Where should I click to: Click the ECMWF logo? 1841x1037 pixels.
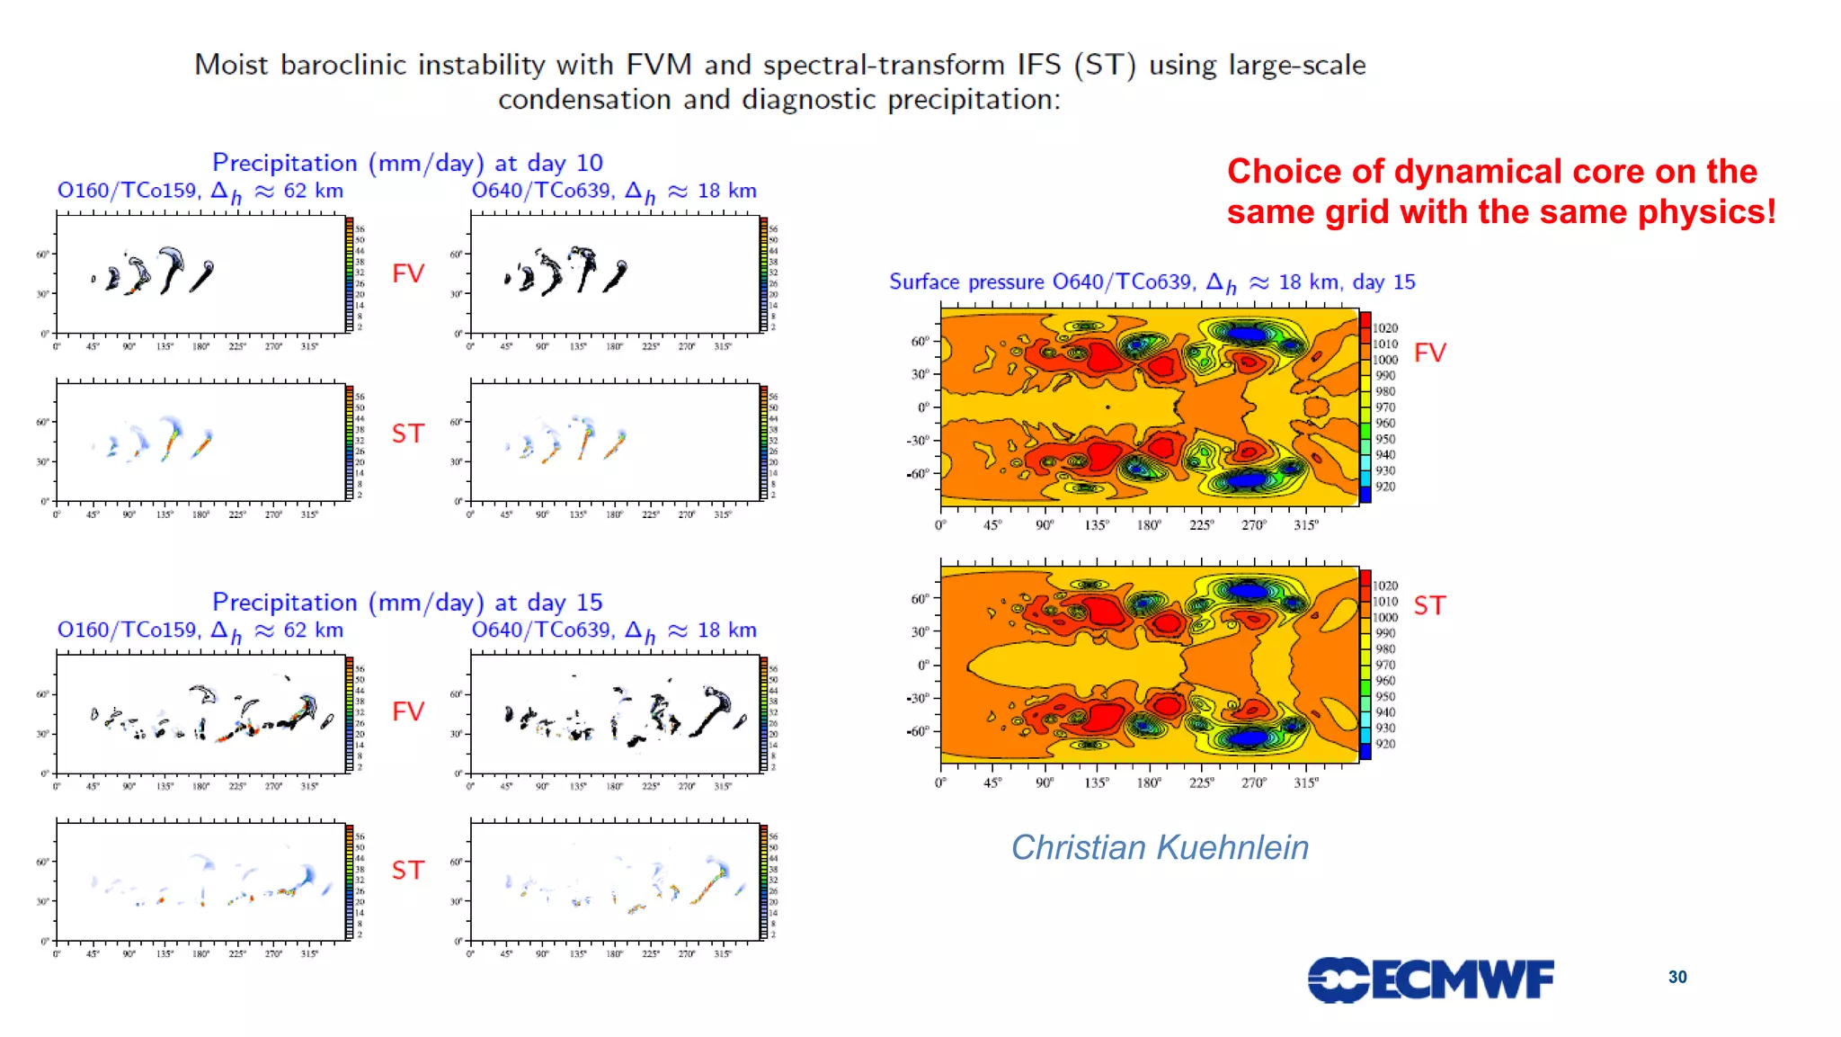point(1430,979)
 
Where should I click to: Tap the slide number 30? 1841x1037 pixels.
point(1677,977)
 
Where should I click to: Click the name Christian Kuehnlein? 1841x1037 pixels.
point(1160,847)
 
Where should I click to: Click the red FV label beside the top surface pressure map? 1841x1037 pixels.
point(1429,353)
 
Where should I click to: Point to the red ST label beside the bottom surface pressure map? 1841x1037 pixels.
point(1429,605)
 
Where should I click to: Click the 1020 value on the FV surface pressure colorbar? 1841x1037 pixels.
point(1385,328)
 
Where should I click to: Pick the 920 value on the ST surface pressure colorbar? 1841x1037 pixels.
point(1385,744)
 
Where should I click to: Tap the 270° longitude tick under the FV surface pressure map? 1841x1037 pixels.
point(1253,524)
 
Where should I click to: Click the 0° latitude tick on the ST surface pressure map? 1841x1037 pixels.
point(923,665)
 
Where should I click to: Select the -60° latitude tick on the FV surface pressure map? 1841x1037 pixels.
point(918,473)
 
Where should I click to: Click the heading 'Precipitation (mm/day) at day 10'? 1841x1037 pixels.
point(407,163)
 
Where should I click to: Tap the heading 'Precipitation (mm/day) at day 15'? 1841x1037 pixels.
point(407,602)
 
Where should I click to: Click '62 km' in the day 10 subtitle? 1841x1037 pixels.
point(313,191)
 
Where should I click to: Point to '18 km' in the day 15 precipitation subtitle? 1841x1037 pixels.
point(726,630)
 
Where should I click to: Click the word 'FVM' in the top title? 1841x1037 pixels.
point(658,65)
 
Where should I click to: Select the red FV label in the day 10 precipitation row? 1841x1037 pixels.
point(408,273)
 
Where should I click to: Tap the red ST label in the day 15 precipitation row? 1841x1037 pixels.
point(408,870)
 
